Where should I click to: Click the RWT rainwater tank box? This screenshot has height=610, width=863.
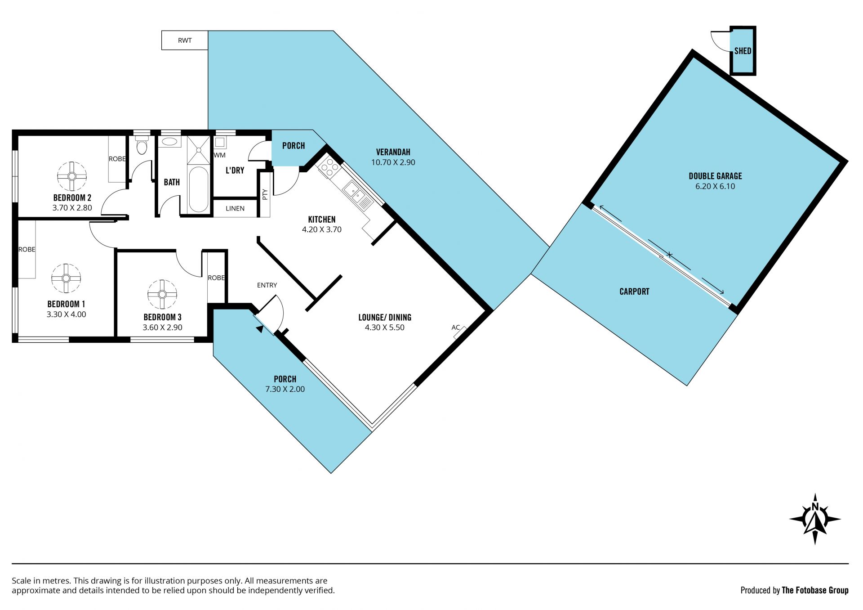[185, 40]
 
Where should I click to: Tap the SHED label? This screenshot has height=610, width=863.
[743, 51]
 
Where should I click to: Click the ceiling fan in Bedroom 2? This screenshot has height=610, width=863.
[72, 176]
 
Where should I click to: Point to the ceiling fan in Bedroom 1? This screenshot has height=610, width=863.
[66, 278]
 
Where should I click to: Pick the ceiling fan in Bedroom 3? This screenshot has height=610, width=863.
[162, 294]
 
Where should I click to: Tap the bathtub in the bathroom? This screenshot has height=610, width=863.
[199, 189]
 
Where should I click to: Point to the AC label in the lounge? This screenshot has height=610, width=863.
[455, 327]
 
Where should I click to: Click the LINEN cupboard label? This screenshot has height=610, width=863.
[235, 208]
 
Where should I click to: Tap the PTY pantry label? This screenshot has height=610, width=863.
[265, 194]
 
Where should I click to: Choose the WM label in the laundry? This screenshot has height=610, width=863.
[220, 155]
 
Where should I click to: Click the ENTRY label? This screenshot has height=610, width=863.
[267, 285]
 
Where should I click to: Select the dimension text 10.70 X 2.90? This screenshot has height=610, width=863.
[393, 162]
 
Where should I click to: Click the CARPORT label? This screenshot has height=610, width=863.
[634, 292]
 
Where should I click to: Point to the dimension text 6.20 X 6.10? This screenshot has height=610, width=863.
[715, 186]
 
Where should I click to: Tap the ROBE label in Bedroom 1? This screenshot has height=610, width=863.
[27, 249]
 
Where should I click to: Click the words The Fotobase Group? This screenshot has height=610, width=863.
[815, 590]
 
